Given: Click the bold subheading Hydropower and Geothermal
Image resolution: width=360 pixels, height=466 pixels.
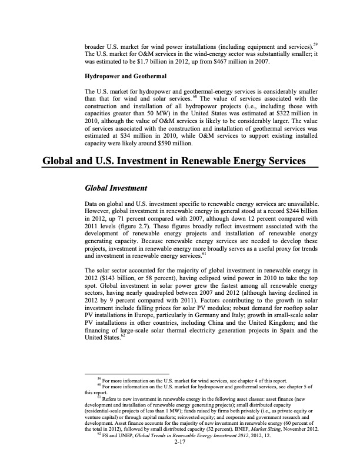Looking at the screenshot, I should [125, 76].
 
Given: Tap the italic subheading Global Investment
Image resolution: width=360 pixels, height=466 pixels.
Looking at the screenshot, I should [116, 188].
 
